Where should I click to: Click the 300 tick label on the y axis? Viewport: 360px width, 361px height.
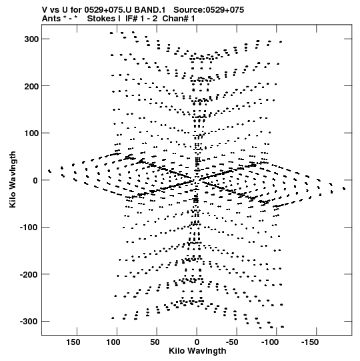tap(31, 39)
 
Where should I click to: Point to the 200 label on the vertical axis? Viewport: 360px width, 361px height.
tap(31, 87)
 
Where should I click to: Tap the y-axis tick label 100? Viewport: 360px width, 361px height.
tap(31, 133)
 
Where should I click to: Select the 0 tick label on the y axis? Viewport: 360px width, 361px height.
tap(35, 180)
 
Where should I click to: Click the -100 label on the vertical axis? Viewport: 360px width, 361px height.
tap(29, 228)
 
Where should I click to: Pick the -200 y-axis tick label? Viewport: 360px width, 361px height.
tap(29, 274)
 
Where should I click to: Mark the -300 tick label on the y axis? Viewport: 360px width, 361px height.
tap(29, 322)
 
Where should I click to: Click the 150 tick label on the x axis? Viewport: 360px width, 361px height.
tap(73, 342)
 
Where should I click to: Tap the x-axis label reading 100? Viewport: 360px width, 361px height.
tap(113, 342)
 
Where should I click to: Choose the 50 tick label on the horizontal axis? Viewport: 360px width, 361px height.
tap(155, 342)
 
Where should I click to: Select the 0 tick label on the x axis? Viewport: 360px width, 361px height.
tap(197, 342)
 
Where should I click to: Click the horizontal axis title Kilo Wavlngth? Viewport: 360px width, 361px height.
tap(197, 351)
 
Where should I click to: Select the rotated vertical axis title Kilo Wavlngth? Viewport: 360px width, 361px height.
tap(13, 179)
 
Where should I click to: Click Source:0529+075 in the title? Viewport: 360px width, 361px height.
tap(209, 10)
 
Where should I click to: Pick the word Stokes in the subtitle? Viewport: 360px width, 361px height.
tap(101, 19)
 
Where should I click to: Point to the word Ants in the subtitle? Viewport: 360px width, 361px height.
tap(51, 19)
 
